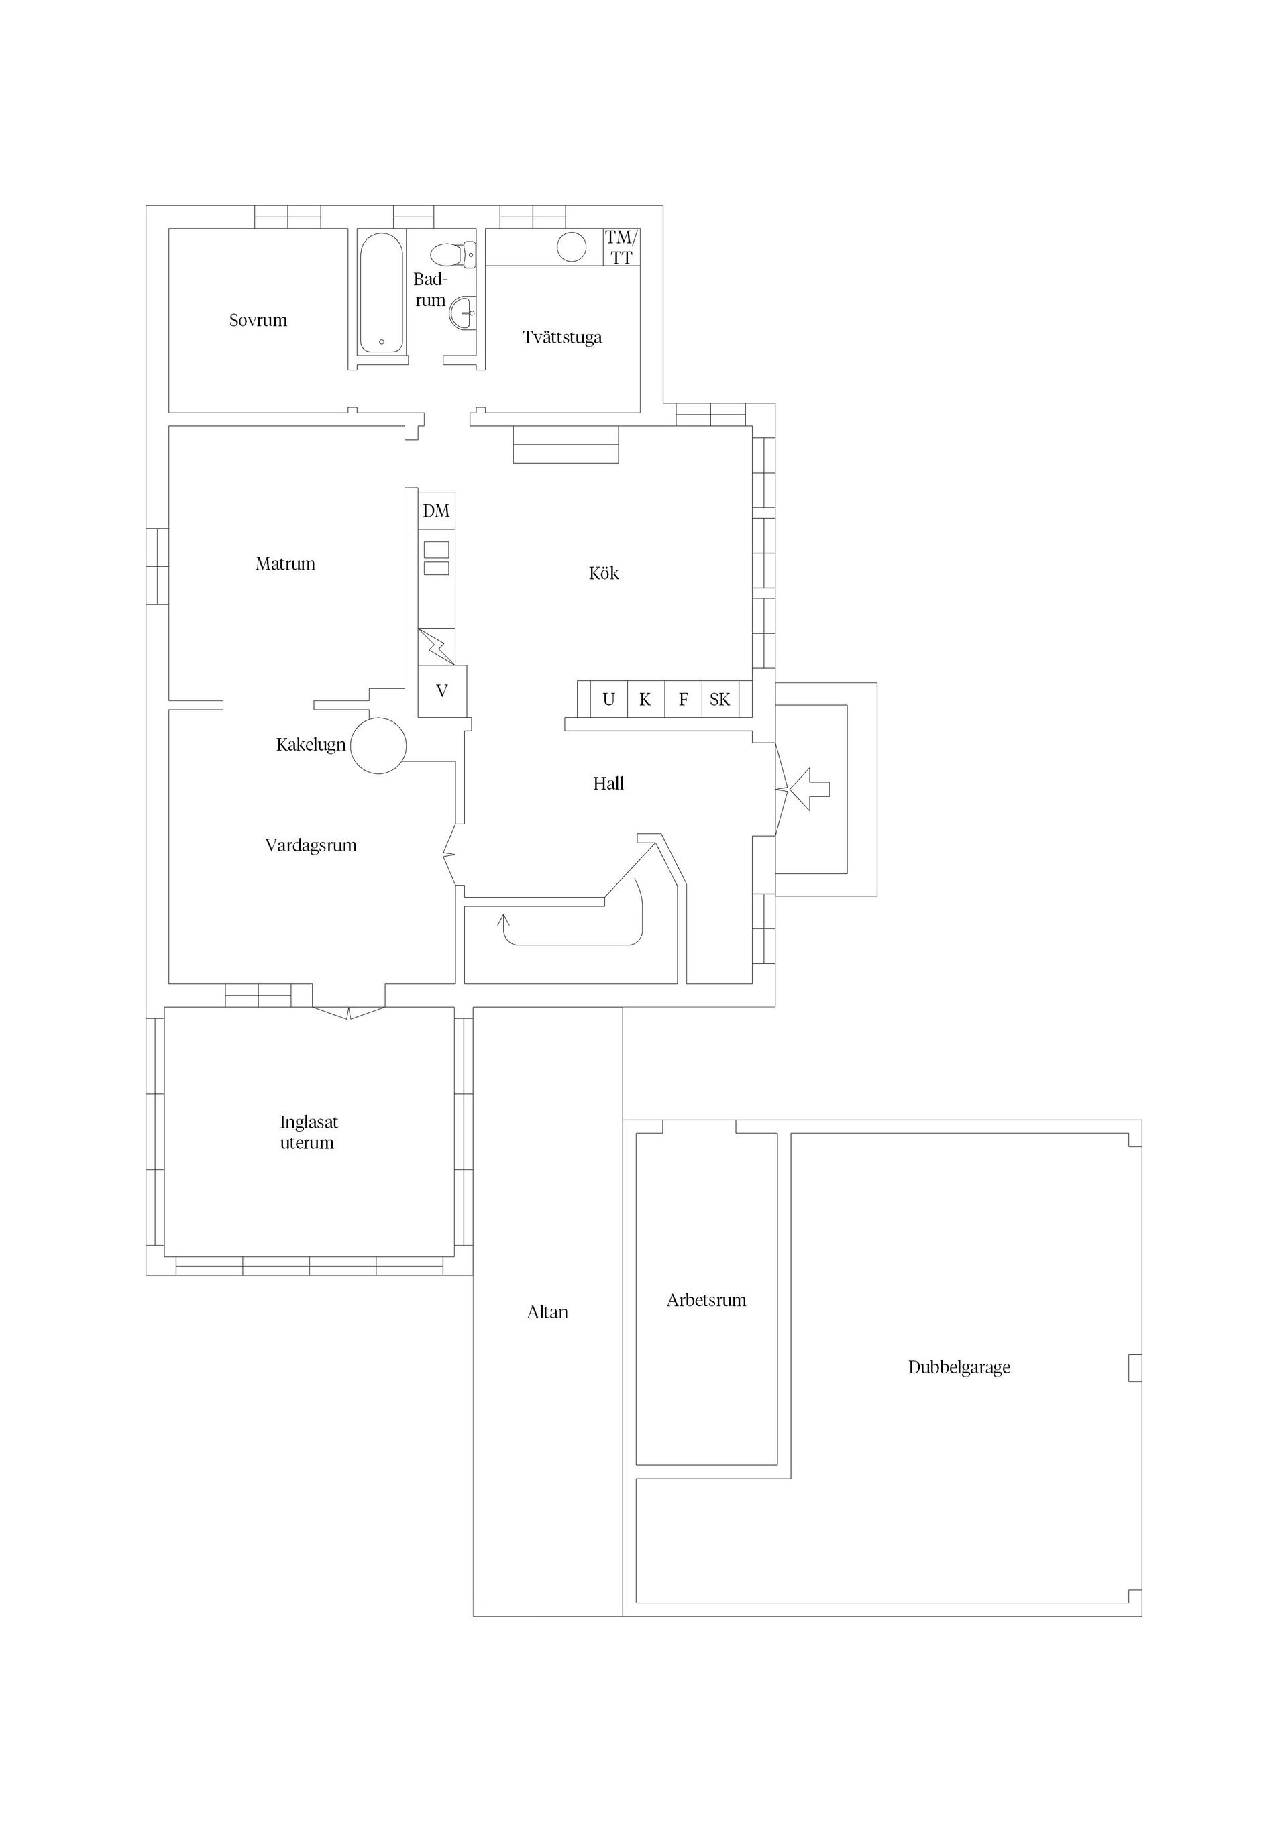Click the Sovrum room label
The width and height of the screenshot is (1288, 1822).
click(x=258, y=321)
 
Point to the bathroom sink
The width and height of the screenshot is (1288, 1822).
click(x=463, y=313)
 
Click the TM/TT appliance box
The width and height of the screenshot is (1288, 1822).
click(x=621, y=248)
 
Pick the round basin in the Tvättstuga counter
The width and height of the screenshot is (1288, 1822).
click(x=572, y=247)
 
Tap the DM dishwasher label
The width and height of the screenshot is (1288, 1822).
click(x=437, y=511)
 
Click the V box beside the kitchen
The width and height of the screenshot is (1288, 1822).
click(x=442, y=691)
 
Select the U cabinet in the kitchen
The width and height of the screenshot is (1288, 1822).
click(x=608, y=700)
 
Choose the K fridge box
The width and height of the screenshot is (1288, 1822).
click(x=645, y=700)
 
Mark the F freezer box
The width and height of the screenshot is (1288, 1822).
click(x=684, y=700)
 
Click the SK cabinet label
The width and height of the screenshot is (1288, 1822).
click(x=720, y=700)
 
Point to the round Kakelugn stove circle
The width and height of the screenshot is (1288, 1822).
click(x=378, y=746)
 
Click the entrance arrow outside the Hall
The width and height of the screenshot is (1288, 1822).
click(x=810, y=790)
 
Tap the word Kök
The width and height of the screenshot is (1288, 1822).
click(x=604, y=574)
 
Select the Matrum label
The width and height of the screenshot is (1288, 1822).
click(x=286, y=564)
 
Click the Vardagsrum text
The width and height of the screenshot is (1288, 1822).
click(x=311, y=846)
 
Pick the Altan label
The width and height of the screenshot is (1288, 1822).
click(x=547, y=1313)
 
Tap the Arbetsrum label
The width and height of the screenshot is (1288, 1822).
click(x=706, y=1301)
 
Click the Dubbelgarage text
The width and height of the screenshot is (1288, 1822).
click(x=959, y=1367)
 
